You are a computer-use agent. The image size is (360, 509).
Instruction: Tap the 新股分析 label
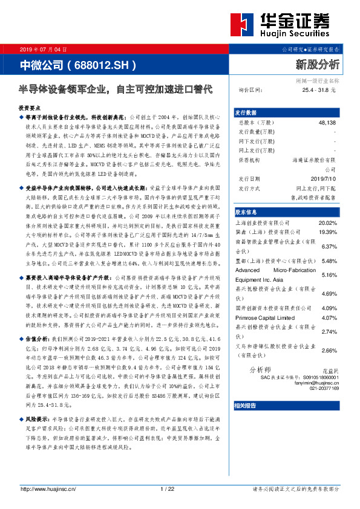pos(317,63)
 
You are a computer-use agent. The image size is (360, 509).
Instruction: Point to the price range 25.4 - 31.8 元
pos(318,89)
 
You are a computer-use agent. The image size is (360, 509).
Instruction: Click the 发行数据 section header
pos(246,112)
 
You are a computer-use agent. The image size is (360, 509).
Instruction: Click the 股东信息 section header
pos(246,212)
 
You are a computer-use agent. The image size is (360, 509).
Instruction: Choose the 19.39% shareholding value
pos(327,232)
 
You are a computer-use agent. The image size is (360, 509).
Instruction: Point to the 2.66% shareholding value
pos(329,351)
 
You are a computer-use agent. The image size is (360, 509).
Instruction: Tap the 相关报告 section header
pos(246,405)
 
